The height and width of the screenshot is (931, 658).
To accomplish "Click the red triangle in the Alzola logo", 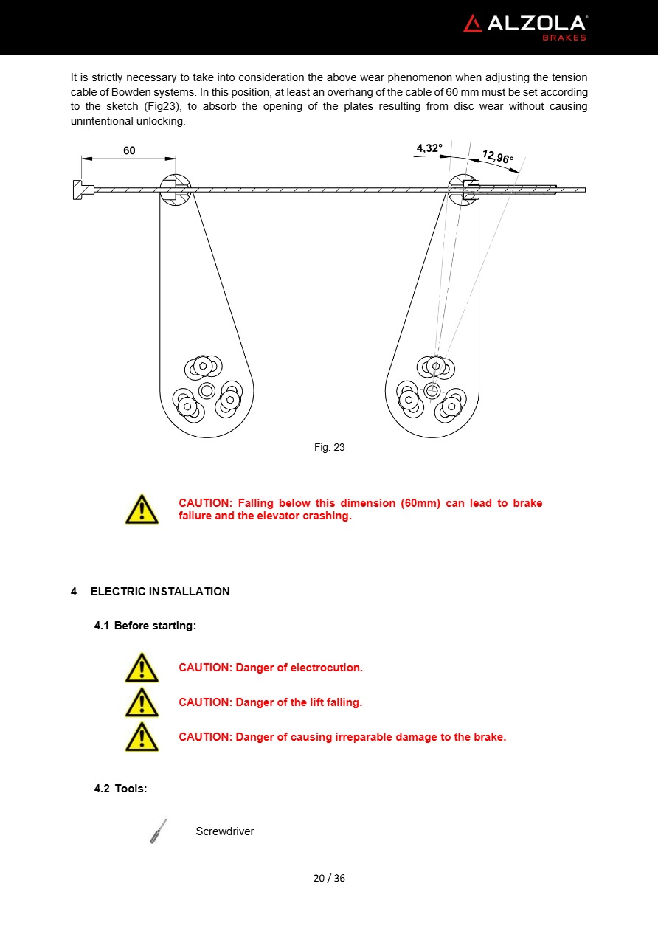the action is tap(473, 24).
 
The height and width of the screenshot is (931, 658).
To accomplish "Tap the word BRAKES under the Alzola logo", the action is tap(564, 38).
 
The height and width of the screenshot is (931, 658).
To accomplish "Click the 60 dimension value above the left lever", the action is tap(129, 150).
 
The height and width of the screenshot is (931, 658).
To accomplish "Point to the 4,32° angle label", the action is tap(429, 148).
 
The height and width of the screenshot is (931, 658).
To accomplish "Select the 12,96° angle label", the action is tap(497, 156).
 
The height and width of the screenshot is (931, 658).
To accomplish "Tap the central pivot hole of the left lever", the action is tap(207, 391).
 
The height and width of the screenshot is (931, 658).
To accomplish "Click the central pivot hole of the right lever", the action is tap(432, 391).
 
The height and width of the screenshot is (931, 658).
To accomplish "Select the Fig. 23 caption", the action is tap(329, 447).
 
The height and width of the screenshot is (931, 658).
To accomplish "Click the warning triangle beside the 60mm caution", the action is tap(142, 509).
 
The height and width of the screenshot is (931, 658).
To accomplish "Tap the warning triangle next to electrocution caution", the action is tap(142, 668).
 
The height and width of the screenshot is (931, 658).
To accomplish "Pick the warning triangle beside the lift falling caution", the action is tap(142, 702).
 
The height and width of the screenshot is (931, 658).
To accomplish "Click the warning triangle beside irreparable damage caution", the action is tap(142, 737).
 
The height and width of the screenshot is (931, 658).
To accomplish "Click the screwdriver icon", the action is tap(159, 831).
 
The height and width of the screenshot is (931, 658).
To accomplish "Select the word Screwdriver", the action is tap(225, 831).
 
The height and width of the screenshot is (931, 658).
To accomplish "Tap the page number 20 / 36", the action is tap(329, 878).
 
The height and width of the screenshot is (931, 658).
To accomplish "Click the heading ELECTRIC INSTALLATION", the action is tap(160, 592).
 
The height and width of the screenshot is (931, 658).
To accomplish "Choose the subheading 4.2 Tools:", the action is tap(120, 789).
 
